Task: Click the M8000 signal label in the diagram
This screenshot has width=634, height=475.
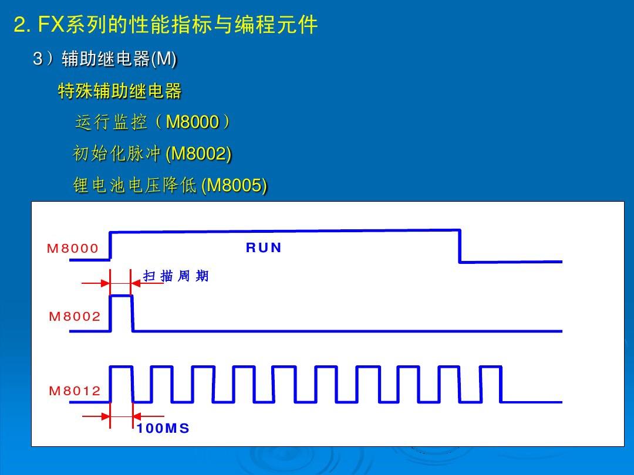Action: click(73, 248)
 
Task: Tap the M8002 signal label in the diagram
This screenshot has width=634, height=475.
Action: click(75, 317)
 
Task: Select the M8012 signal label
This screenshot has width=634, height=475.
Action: click(75, 391)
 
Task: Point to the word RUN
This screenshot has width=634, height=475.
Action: click(264, 248)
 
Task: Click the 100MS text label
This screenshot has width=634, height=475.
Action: click(163, 429)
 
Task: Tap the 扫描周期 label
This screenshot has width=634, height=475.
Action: click(176, 276)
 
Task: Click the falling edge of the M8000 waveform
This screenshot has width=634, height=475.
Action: click(459, 246)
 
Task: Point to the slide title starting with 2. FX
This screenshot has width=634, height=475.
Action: click(166, 25)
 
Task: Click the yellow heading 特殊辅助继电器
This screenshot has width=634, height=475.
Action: click(120, 91)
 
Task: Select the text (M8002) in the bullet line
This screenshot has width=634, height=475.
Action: click(198, 154)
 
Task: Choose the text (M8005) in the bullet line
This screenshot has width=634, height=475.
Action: click(234, 185)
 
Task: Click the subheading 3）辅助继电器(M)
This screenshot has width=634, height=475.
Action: click(105, 59)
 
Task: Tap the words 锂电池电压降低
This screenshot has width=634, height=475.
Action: click(134, 185)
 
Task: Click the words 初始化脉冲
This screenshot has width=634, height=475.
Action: click(117, 154)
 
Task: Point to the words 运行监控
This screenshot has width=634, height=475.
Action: click(111, 123)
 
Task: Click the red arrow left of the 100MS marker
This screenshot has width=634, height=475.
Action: click(96, 417)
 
